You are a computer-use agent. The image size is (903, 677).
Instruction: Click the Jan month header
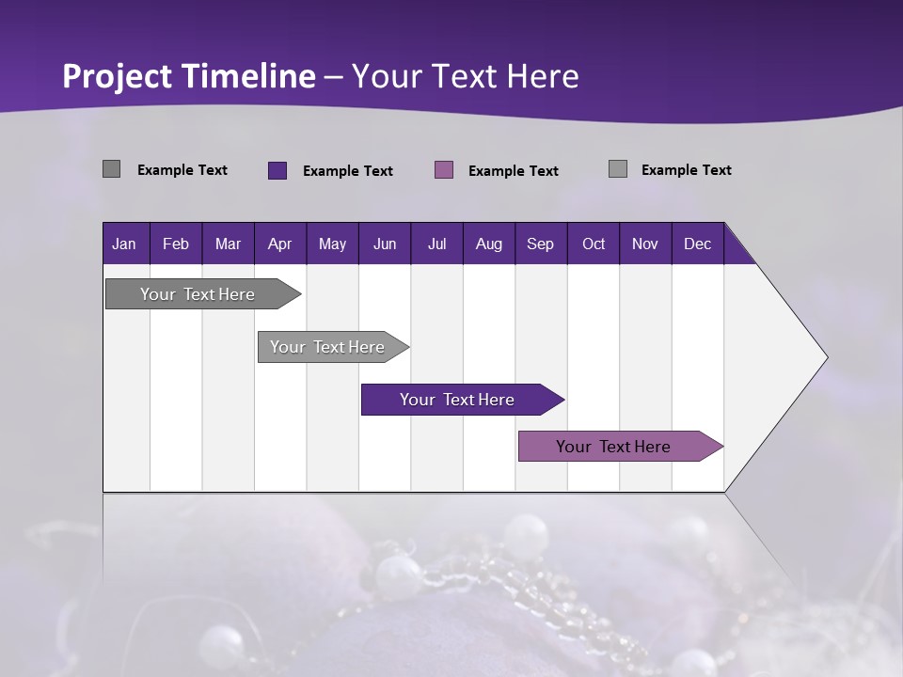click(x=124, y=244)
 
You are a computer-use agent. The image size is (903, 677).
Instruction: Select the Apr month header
click(x=279, y=244)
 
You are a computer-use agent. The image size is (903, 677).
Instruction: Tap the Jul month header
click(x=436, y=244)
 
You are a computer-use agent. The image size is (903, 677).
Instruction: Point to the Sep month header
click(x=540, y=244)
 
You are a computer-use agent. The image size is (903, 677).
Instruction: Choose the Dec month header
click(x=697, y=244)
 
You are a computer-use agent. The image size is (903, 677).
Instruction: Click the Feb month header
click(x=175, y=244)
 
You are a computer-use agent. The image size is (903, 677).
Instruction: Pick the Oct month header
click(x=593, y=244)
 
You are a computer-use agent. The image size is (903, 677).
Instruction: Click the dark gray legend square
click(x=111, y=169)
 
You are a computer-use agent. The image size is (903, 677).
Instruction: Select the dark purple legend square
click(x=277, y=170)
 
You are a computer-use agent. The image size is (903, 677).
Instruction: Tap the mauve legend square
click(x=444, y=169)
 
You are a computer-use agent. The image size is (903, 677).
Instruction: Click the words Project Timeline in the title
click(x=188, y=76)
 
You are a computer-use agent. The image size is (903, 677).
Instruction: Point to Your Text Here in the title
click(x=465, y=76)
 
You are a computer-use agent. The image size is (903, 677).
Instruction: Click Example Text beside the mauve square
click(x=513, y=171)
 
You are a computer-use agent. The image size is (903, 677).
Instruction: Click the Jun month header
click(x=384, y=244)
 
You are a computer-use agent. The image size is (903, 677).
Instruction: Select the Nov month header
click(x=644, y=244)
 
